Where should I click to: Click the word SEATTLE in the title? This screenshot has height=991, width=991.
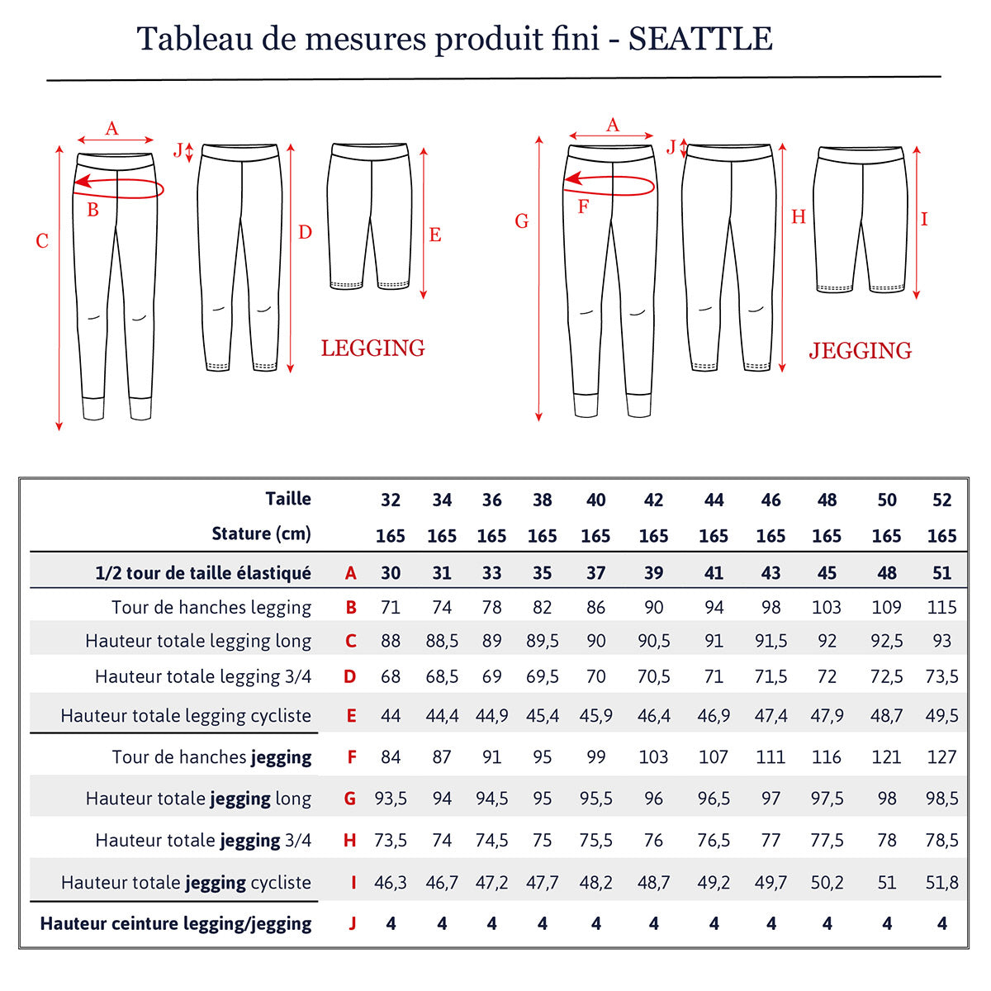point(700,39)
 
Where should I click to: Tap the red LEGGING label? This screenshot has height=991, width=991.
point(372,349)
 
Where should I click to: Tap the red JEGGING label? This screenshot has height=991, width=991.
point(860,351)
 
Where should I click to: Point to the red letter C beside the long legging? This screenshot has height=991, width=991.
point(42,241)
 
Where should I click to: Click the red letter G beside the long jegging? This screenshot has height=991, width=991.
point(521,221)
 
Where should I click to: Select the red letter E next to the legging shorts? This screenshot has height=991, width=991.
point(435,235)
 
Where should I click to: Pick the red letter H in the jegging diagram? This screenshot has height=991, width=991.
point(798,217)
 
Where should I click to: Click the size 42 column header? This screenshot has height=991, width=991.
point(653,500)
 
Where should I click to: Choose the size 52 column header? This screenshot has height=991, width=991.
point(941,500)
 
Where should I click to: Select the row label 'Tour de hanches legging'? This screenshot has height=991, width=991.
point(211,608)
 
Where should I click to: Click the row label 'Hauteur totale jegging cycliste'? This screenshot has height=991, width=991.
point(186,882)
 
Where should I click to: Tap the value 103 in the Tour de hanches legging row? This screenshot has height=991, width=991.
point(827,608)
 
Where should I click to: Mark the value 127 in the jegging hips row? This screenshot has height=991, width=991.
point(941,757)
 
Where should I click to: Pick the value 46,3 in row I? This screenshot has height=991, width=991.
point(391,882)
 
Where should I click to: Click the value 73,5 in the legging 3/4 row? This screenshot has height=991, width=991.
point(941,677)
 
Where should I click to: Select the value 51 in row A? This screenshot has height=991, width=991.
point(941,573)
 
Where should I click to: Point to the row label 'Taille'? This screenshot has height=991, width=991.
point(288,499)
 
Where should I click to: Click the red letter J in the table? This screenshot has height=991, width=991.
point(352,923)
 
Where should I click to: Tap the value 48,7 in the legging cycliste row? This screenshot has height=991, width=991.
point(886,716)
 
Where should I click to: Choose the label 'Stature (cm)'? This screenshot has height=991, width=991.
point(261,534)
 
